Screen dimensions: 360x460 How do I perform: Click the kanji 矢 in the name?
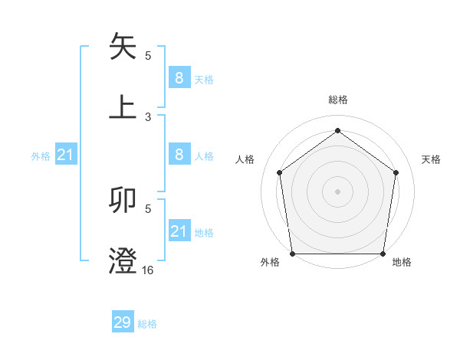[123, 46]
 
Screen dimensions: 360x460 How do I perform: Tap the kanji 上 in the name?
[123, 106]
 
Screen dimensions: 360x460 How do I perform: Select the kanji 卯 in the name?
[123, 200]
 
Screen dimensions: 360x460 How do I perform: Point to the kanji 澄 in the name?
[123, 260]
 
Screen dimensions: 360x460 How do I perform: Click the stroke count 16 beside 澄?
[147, 270]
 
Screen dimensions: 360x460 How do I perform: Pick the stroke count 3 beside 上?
[148, 116]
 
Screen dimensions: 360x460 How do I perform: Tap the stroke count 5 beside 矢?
[148, 55]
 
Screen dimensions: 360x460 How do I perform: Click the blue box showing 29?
[123, 322]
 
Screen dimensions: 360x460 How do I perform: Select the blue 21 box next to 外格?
[65, 155]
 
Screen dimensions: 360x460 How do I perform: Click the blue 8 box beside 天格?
[179, 77]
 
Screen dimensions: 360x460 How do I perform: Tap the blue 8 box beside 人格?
[179, 155]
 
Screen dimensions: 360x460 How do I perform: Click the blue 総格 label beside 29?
[147, 324]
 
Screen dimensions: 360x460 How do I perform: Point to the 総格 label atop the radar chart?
[337, 100]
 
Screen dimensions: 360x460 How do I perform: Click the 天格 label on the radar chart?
[431, 159]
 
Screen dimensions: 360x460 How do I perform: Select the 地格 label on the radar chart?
[402, 262]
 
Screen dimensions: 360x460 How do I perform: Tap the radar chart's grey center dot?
[337, 191]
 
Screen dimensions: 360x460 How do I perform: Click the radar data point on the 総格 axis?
[337, 131]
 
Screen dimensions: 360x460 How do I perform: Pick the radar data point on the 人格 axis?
[279, 172]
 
